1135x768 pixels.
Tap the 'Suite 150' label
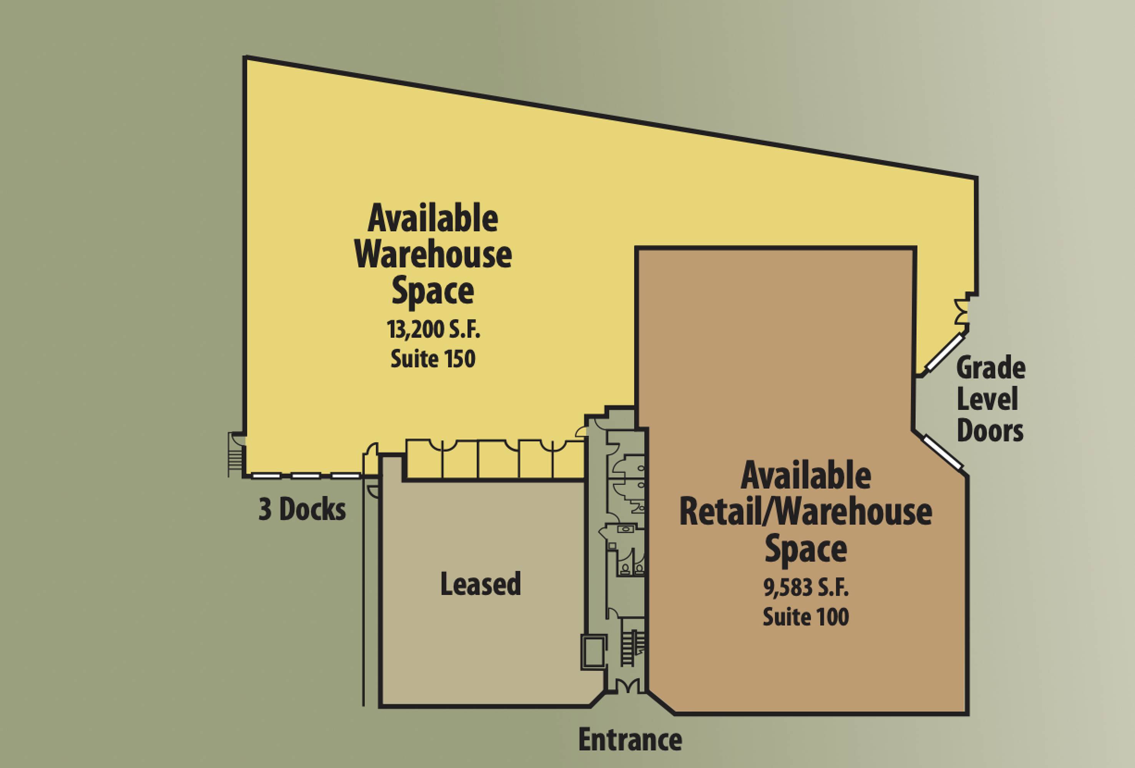click(433, 359)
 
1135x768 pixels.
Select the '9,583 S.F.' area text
click(806, 589)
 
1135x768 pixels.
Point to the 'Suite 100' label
click(806, 617)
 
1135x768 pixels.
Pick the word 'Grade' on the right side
click(991, 369)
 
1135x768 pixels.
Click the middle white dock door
click(306, 475)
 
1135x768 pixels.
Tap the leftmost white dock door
click(266, 475)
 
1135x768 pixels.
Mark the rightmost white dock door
click(345, 475)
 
